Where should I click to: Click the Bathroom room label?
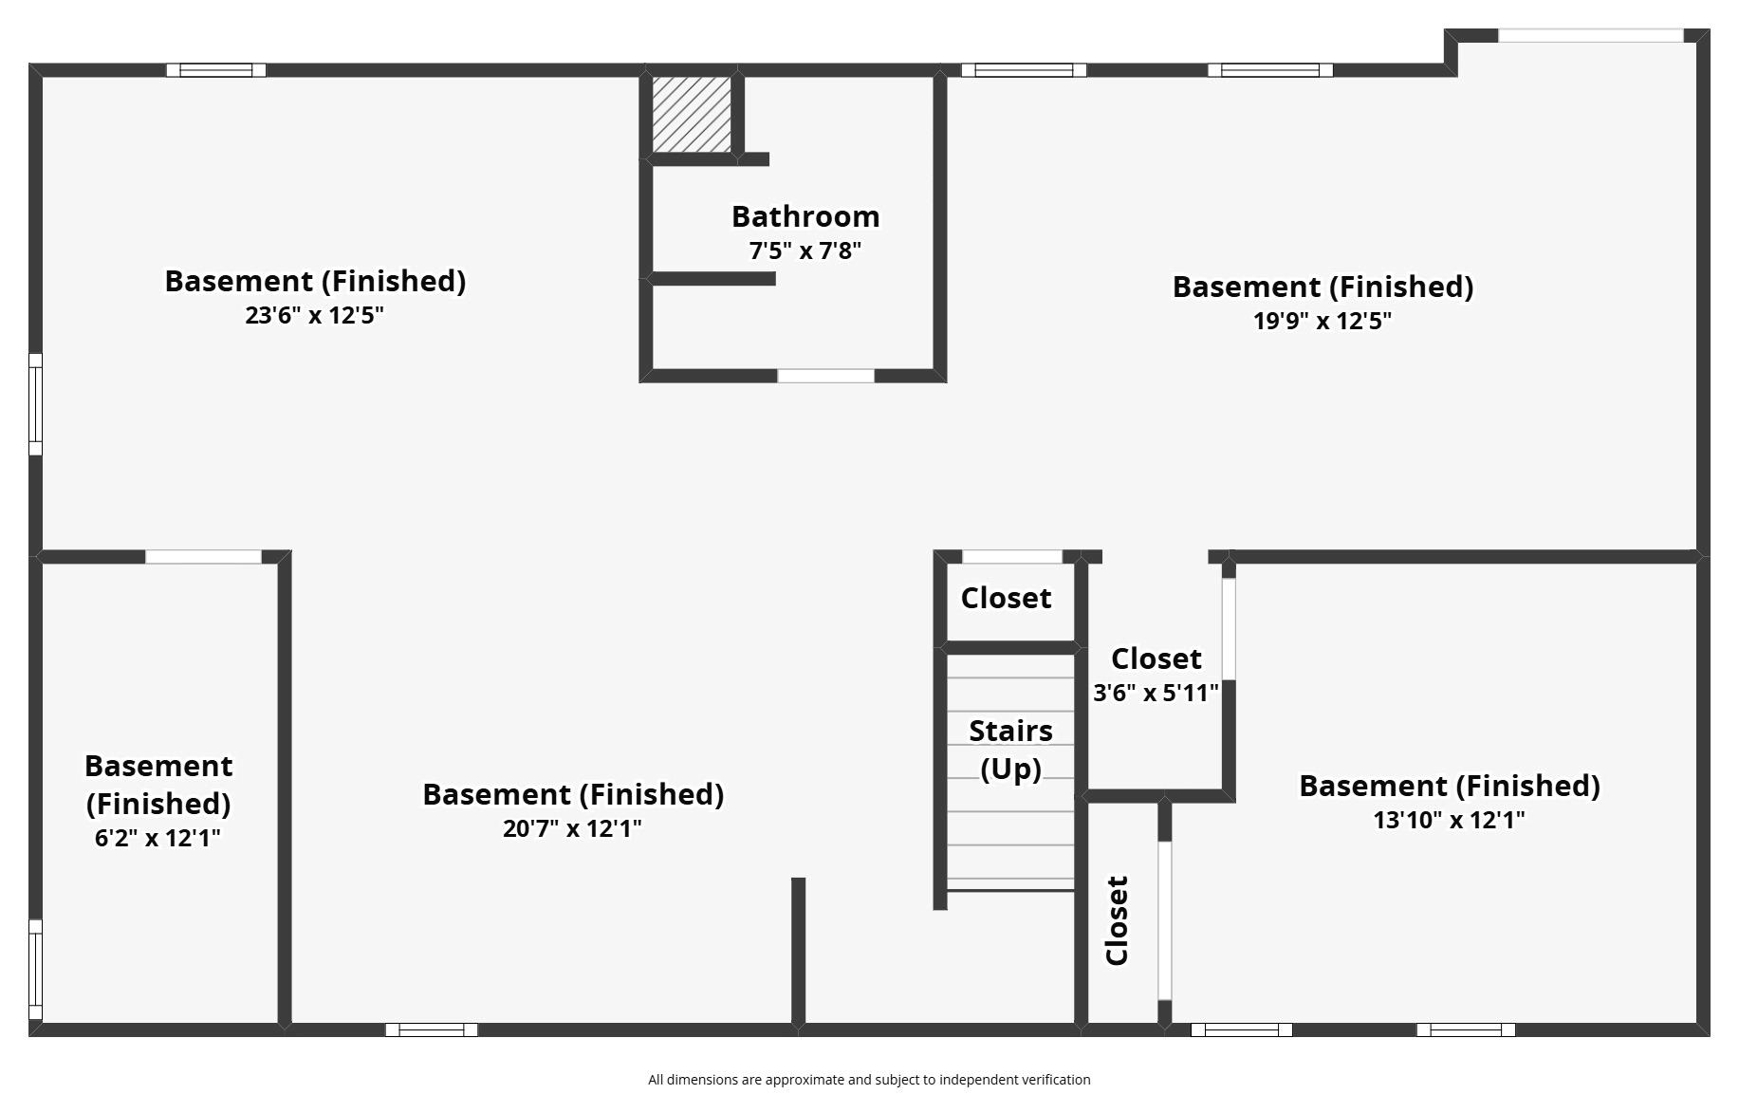pos(805,216)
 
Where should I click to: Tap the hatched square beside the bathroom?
pos(692,114)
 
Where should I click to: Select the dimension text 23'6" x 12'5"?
pos(314,315)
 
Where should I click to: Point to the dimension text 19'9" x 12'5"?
pos(1322,321)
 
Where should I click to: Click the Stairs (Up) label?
pos(1010,750)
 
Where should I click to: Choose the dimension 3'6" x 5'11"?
pos(1156,693)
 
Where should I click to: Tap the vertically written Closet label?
pos(1118,920)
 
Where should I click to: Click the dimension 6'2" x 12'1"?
pos(157,838)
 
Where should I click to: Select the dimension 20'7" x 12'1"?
pos(572,828)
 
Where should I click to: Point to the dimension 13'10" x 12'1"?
pos(1449,820)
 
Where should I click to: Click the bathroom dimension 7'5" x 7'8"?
pos(805,250)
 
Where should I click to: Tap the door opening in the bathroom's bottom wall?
pos(825,376)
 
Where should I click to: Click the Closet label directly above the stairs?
pos(1006,598)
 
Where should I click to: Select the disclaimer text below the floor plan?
pos(869,1080)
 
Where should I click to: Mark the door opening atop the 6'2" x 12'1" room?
pos(203,557)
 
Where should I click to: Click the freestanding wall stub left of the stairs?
pos(798,949)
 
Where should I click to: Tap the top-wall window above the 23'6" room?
pos(216,70)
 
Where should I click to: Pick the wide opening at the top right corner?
pos(1590,36)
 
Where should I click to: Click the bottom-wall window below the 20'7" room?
pos(432,1029)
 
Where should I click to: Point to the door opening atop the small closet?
pos(1011,557)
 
